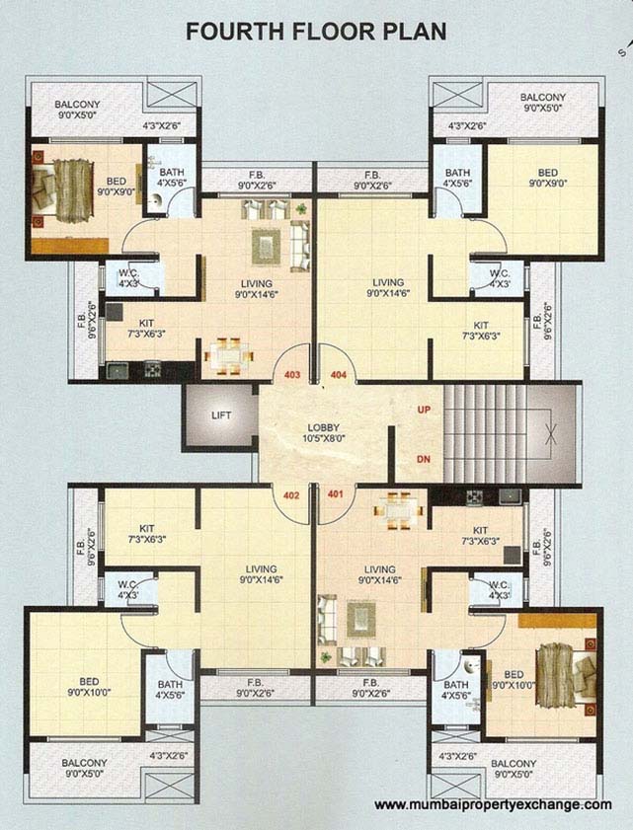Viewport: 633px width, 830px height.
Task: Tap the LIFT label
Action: tap(221, 415)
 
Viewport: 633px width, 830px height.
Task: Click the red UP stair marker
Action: tap(425, 409)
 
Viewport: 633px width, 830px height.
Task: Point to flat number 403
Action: tap(292, 375)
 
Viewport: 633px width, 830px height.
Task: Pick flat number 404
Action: tap(339, 375)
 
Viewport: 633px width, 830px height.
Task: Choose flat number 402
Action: tap(292, 495)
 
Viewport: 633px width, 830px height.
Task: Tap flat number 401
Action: tap(335, 495)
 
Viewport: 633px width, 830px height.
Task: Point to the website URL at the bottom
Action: tap(493, 805)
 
